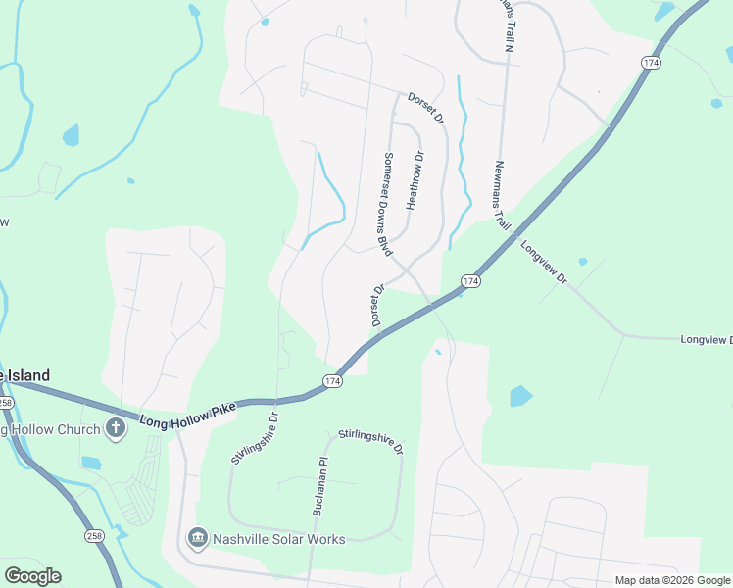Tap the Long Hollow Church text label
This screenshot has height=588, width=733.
coord(51,429)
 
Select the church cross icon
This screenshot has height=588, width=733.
coord(116,428)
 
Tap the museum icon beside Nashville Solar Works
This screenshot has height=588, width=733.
coord(196,538)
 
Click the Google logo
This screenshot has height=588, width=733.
coord(32,576)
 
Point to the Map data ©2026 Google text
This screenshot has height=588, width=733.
coord(671,580)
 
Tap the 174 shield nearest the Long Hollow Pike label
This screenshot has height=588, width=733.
coord(333,380)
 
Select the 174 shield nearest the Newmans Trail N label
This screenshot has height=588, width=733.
coord(651,62)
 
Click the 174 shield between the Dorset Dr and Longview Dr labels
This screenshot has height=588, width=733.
coord(471,281)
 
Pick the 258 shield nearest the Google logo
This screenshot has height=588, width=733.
coord(94,536)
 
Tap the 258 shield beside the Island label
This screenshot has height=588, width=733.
coord(5,403)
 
